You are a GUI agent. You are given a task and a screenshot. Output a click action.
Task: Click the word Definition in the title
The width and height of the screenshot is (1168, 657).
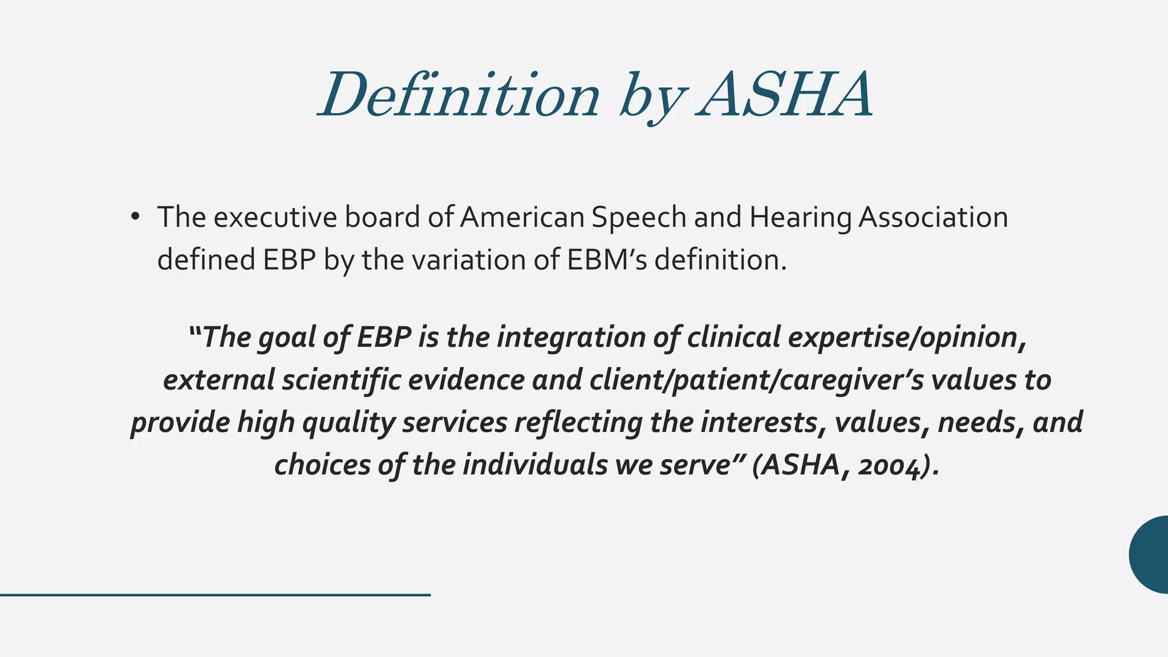459,94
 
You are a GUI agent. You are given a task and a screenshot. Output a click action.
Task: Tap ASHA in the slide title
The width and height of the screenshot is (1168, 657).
784,94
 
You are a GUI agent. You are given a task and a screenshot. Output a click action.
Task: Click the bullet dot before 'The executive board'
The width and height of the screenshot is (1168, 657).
135,217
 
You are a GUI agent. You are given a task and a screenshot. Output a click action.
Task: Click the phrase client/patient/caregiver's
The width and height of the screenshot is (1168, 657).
756,380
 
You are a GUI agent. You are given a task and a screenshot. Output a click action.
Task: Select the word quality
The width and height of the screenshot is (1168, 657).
348,423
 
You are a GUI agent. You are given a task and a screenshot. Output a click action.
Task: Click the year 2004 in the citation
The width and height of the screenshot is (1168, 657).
890,465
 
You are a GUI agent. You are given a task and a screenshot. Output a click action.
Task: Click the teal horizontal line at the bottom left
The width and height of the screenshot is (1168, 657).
215,595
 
